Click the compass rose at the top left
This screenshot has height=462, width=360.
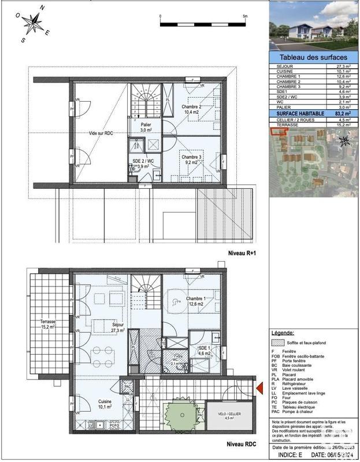(34, 23)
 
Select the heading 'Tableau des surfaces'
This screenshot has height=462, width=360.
(313, 58)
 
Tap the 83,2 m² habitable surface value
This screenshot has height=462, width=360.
(343, 114)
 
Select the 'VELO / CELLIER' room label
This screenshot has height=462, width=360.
(221, 414)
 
